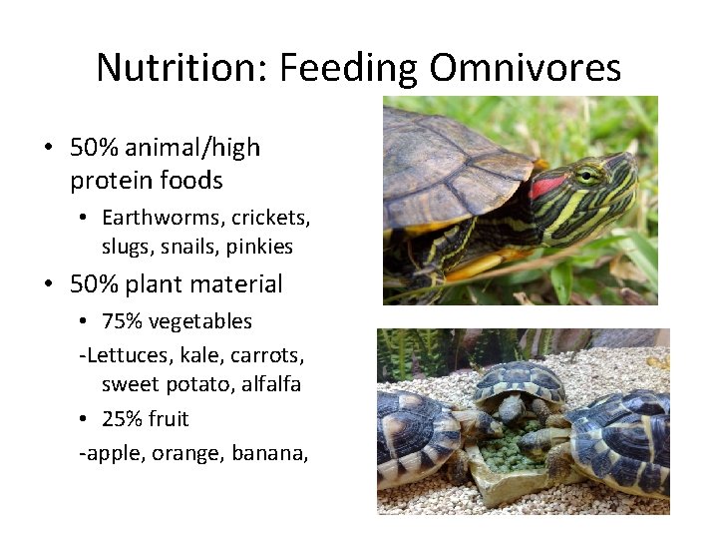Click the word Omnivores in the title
click(526, 68)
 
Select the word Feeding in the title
click(349, 68)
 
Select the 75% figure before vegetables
click(122, 321)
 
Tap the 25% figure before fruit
click(122, 418)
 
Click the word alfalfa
click(271, 383)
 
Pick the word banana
click(269, 453)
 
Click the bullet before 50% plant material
click(48, 284)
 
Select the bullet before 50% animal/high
click(48, 149)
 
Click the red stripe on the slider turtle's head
click(547, 185)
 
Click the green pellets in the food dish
click(517, 450)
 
